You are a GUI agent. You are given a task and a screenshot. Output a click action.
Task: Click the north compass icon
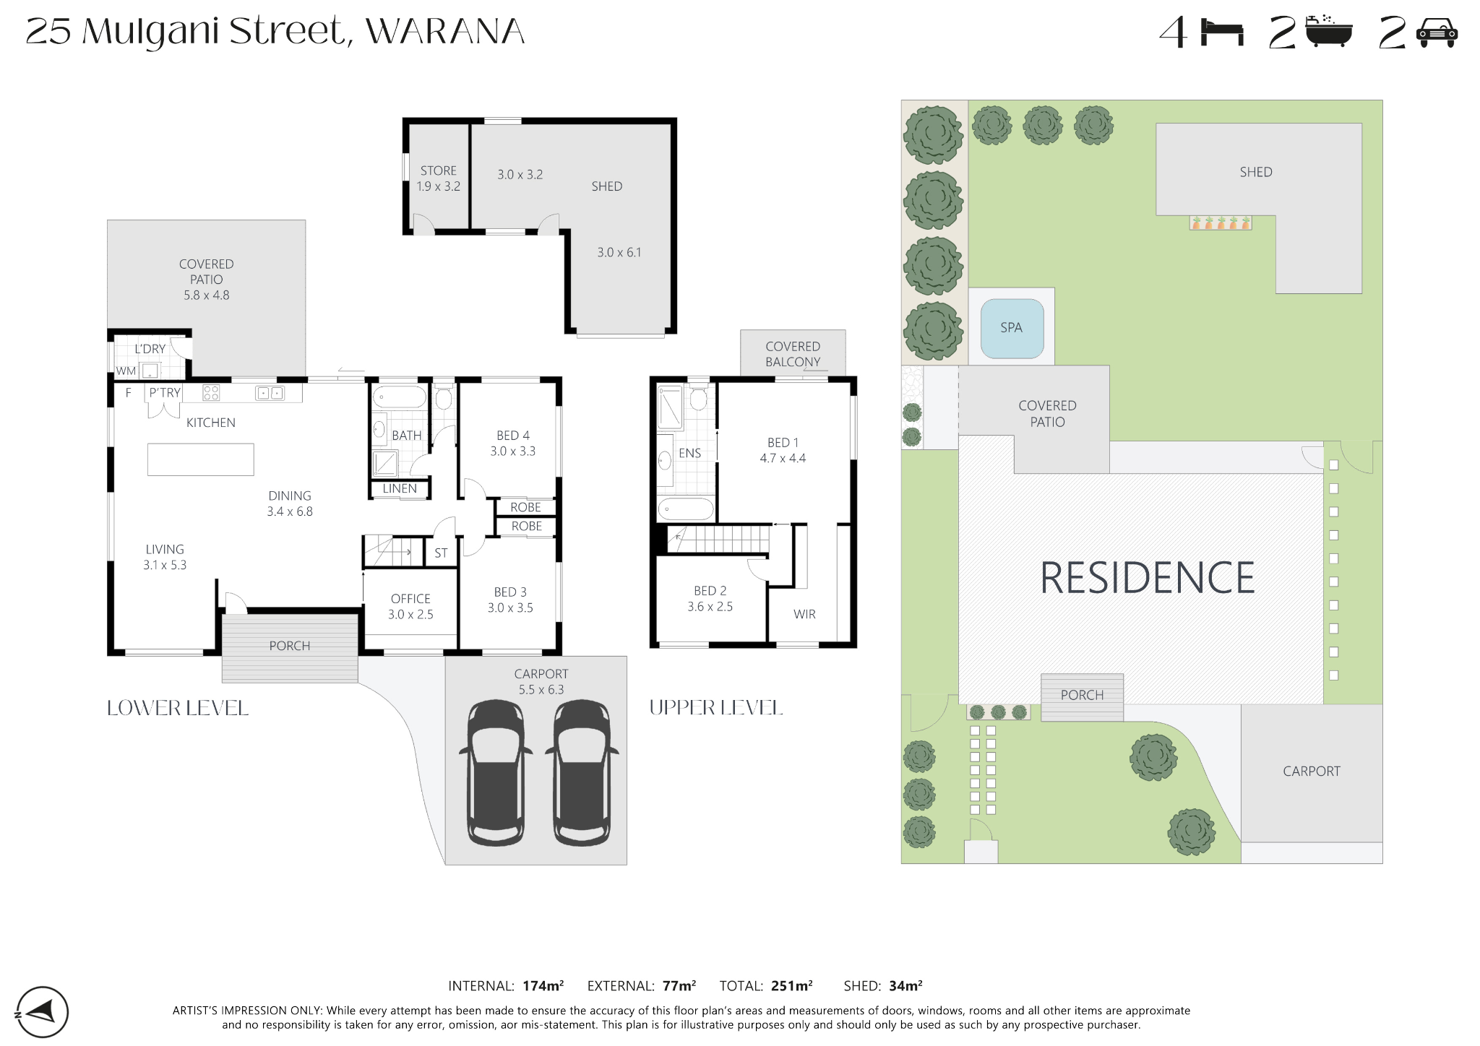tap(42, 1012)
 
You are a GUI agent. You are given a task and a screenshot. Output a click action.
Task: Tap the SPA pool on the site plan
tap(1012, 328)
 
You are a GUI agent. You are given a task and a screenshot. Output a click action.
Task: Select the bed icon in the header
tap(1222, 33)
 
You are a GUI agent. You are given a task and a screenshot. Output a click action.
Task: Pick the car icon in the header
tap(1437, 33)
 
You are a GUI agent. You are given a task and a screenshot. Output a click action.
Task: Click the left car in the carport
tap(496, 773)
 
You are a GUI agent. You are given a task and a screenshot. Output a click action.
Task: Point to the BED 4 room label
tap(513, 436)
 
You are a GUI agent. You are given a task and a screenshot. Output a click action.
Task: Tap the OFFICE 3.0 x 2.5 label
tap(410, 607)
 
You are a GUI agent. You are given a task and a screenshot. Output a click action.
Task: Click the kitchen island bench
tap(201, 459)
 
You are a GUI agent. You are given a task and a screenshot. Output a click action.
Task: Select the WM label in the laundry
tap(126, 371)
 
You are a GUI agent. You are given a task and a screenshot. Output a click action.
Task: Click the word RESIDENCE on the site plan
tap(1147, 578)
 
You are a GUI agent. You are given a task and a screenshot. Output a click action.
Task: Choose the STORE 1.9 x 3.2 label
tap(439, 178)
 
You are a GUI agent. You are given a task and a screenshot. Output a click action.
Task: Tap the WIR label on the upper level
tap(804, 614)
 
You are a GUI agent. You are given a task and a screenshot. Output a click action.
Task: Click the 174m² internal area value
tap(543, 985)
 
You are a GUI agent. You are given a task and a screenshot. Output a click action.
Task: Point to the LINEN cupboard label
tap(400, 489)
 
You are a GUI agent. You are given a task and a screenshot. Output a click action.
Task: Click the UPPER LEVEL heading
tap(716, 707)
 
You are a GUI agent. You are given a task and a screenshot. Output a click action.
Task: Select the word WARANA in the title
tap(445, 32)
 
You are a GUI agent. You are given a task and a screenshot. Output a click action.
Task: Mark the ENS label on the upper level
tap(690, 454)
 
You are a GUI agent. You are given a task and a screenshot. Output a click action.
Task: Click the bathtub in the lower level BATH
tap(399, 397)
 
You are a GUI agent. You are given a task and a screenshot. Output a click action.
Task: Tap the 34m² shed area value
tap(905, 985)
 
